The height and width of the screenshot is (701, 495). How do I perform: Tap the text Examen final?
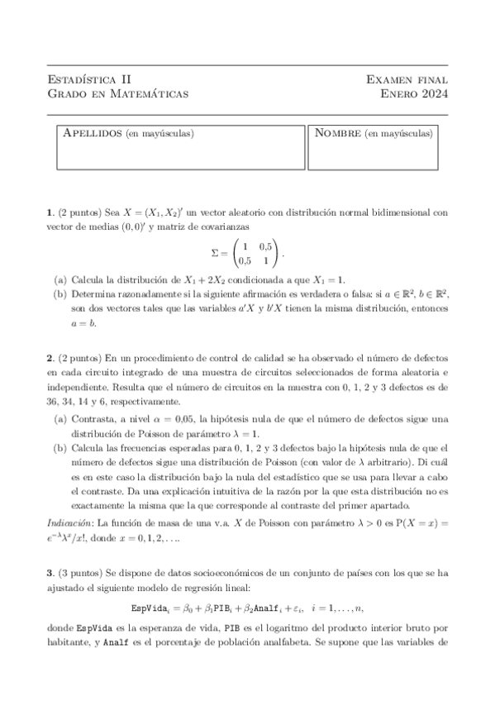point(407,79)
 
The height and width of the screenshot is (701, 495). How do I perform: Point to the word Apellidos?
point(92,133)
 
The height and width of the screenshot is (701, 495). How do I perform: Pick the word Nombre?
point(338,133)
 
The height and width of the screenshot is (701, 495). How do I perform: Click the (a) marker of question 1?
point(60,280)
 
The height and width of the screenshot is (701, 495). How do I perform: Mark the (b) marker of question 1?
point(60,294)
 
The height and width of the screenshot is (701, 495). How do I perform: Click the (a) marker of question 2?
point(60,419)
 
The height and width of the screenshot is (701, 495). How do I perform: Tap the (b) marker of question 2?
point(60,447)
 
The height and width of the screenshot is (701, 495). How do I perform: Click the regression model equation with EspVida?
point(247,613)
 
